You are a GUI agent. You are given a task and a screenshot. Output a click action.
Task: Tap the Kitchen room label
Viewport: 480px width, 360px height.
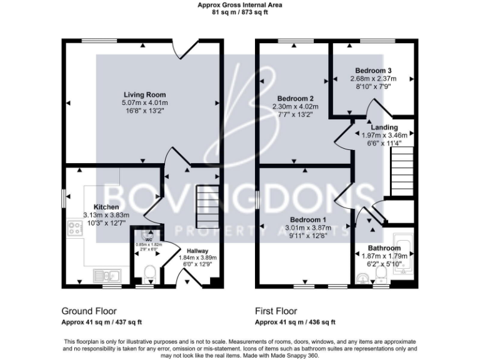pyautogui.click(x=106, y=207)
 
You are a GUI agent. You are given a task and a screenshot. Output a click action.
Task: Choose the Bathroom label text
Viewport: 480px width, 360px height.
pyautogui.click(x=384, y=247)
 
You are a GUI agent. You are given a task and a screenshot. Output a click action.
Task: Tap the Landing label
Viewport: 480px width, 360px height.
pyautogui.click(x=384, y=127)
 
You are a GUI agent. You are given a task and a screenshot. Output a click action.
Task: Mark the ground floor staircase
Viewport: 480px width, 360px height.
pyautogui.click(x=206, y=208)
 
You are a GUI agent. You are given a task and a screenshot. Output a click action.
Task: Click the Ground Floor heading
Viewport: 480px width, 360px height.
pyautogui.click(x=89, y=311)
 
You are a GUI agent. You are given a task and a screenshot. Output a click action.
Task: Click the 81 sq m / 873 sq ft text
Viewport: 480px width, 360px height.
pyautogui.click(x=239, y=12)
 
